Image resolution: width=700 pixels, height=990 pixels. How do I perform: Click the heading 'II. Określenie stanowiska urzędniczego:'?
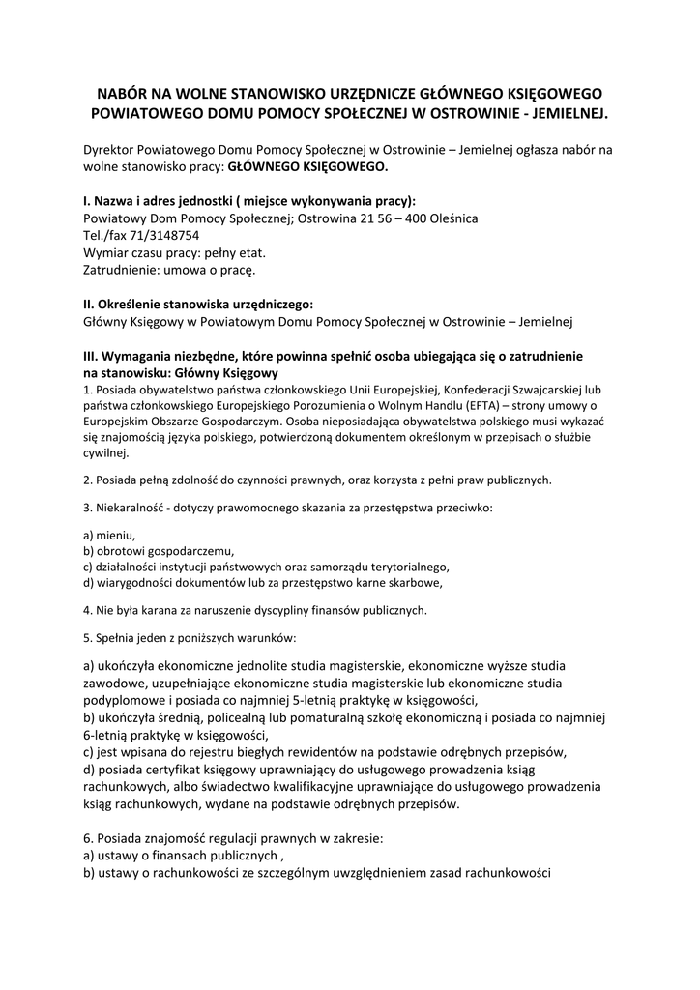(198, 303)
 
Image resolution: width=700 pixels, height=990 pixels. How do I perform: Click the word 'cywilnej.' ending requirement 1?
(105, 453)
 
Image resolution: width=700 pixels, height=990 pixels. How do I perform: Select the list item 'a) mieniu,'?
(109, 535)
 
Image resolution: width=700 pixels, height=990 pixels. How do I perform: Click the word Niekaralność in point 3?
(129, 508)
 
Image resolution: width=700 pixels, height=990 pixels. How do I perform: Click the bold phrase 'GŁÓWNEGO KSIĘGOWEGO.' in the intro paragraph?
(306, 166)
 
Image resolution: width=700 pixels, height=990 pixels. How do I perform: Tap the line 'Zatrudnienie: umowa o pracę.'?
(169, 269)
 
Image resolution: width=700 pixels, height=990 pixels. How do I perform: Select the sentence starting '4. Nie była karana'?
(255, 610)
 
